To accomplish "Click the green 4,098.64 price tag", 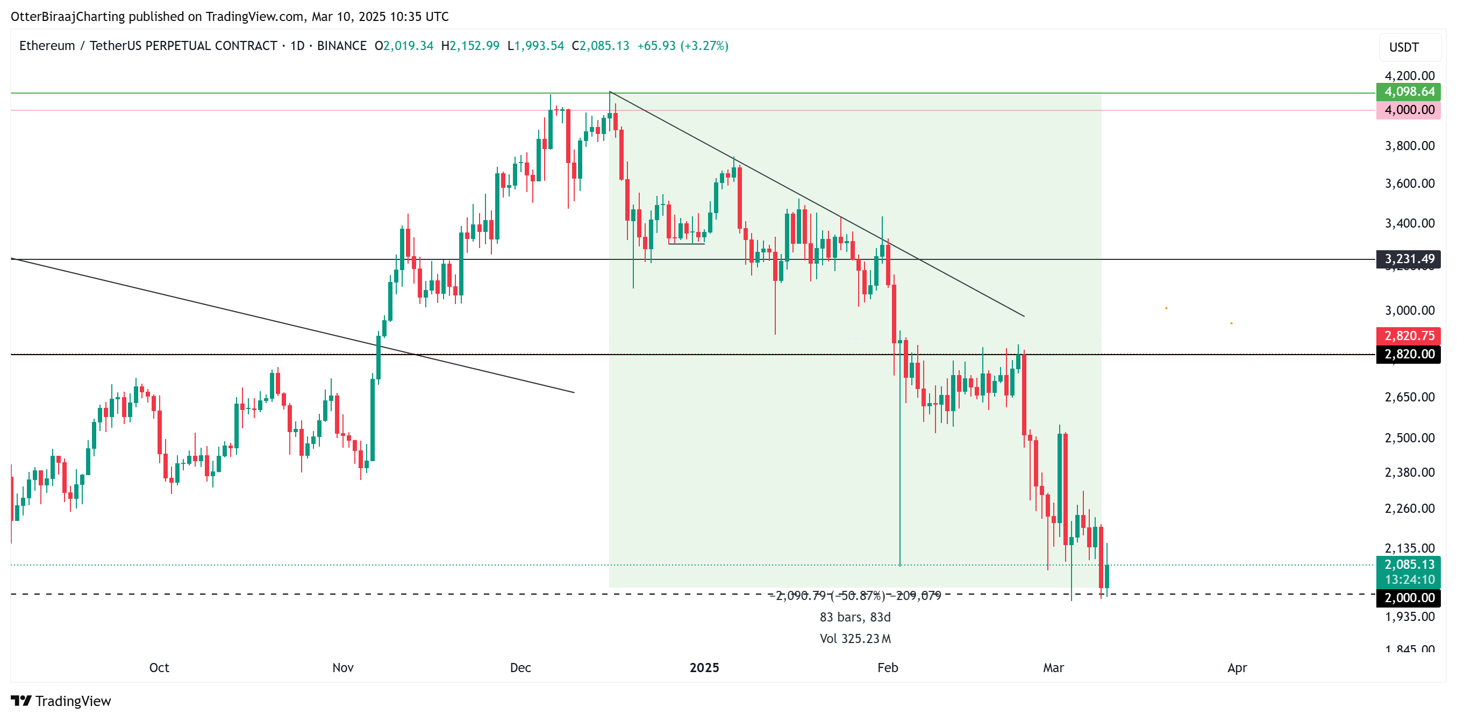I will pyautogui.click(x=1409, y=91).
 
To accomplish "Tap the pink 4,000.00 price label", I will pyautogui.click(x=1409, y=110).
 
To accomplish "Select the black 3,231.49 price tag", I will pyautogui.click(x=1409, y=259).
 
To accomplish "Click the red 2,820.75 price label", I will pyautogui.click(x=1409, y=336).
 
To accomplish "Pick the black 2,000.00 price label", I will pyautogui.click(x=1409, y=598).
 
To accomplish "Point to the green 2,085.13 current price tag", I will pyautogui.click(x=1409, y=565).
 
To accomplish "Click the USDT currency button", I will pyautogui.click(x=1404, y=47).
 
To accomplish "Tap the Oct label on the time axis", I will pyautogui.click(x=159, y=668).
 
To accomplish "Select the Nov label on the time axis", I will pyautogui.click(x=343, y=668).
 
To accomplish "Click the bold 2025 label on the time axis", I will pyautogui.click(x=704, y=668).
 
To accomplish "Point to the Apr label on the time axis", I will pyautogui.click(x=1237, y=668).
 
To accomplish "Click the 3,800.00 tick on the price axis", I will pyautogui.click(x=1410, y=146).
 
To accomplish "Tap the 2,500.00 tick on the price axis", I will pyautogui.click(x=1410, y=438).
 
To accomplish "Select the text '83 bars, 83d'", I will pyautogui.click(x=855, y=617).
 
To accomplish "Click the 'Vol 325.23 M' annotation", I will pyautogui.click(x=855, y=639).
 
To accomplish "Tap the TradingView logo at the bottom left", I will pyautogui.click(x=61, y=701).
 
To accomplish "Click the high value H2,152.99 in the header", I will pyautogui.click(x=470, y=46).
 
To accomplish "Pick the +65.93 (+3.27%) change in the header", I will pyautogui.click(x=683, y=46).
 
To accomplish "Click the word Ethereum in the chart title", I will pyautogui.click(x=47, y=46).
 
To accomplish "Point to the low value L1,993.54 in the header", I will pyautogui.click(x=535, y=46).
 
